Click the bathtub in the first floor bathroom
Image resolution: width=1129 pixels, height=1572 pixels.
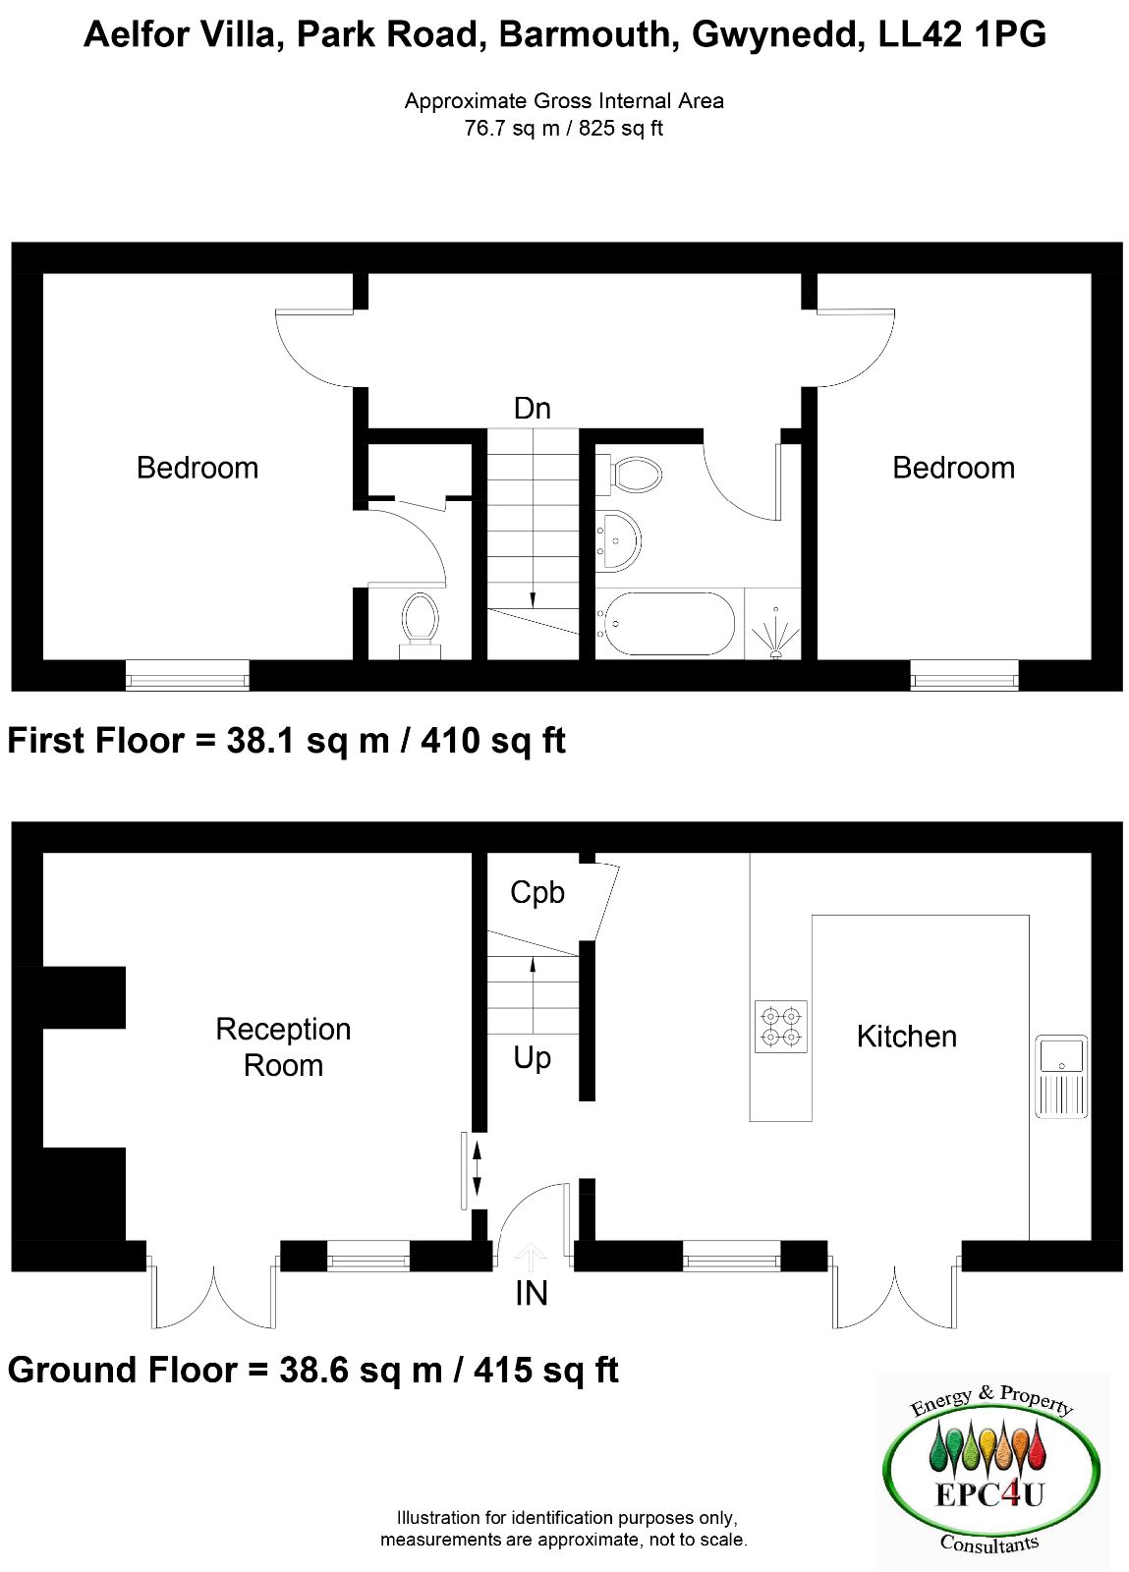pos(665,624)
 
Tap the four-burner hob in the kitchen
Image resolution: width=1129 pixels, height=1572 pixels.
pos(780,1026)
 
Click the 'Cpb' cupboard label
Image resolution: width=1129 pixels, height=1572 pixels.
pos(536,893)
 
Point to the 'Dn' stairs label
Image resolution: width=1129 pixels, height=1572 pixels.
pos(532,409)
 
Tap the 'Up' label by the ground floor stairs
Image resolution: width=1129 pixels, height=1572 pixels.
pos(532,1058)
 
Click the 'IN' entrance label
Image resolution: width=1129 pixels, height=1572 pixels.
pos(532,1293)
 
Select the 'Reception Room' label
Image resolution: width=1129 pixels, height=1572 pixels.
pos(283,1047)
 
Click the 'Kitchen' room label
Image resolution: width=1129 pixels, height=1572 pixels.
pos(907,1037)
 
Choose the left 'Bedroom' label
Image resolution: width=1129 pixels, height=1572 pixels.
pos(198,468)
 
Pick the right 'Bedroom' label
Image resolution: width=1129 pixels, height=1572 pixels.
pos(953,468)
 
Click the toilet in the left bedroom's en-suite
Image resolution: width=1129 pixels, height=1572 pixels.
pos(420,626)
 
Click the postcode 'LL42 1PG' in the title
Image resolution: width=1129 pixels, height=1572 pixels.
pos(962,34)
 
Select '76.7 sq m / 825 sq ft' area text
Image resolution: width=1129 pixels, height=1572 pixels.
pos(563,129)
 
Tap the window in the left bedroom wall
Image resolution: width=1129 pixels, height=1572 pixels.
pos(188,675)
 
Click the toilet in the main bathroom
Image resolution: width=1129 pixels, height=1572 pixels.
pos(629,476)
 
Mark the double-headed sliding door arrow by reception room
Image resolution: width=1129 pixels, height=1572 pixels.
pos(478,1168)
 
